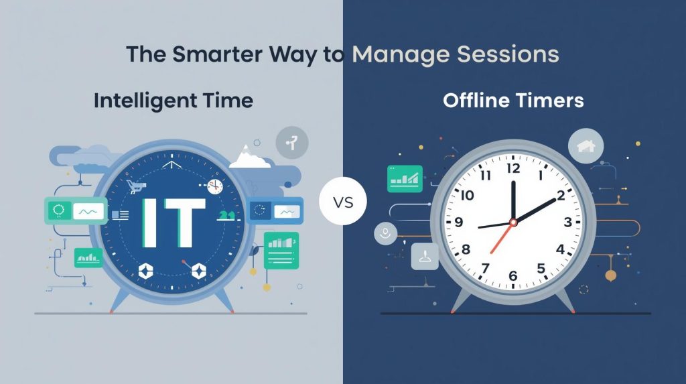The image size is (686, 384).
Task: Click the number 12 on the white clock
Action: [x=513, y=168]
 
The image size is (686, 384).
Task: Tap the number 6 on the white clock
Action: [x=512, y=275]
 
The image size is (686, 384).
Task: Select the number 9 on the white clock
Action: [x=459, y=223]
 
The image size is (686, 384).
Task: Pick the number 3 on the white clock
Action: [x=567, y=222]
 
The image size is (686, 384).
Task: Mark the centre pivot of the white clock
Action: [x=513, y=222]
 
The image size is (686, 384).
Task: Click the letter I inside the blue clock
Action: [x=149, y=221]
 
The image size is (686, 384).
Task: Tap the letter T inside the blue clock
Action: [x=182, y=221]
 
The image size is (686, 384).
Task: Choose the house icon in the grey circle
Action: [x=586, y=146]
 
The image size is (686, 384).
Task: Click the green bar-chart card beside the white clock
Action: [x=405, y=178]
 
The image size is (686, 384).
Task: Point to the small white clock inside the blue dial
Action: [x=214, y=186]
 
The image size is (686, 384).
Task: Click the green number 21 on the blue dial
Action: [x=227, y=215]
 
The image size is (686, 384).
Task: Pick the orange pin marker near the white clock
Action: [x=610, y=275]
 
